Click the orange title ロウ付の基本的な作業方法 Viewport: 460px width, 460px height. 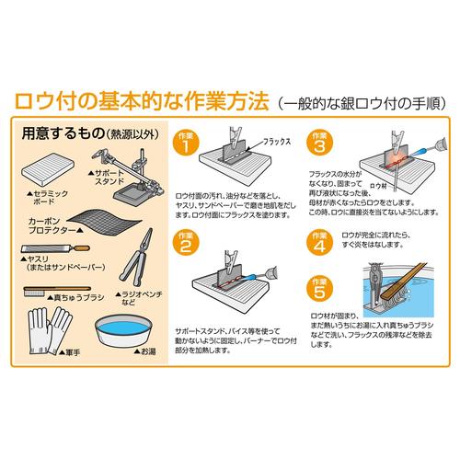(x=137, y=99)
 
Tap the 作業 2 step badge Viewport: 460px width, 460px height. (x=186, y=243)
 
